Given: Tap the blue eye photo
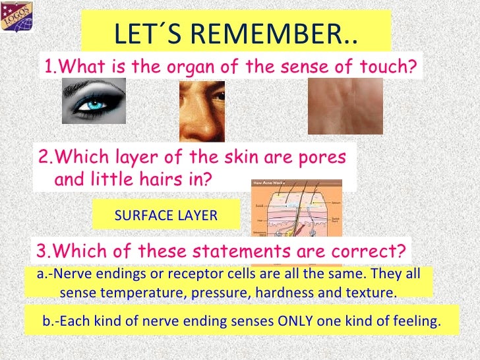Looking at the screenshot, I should tap(94, 102).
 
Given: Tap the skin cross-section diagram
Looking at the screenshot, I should tap(296, 208).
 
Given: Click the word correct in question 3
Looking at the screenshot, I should tap(366, 251).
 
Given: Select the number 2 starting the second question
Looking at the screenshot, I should tap(44, 158).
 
